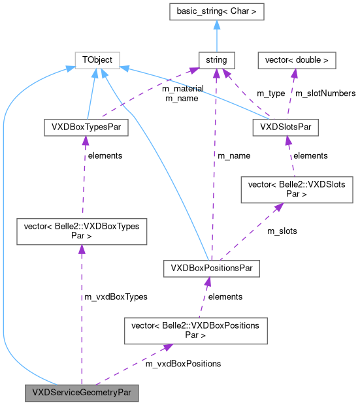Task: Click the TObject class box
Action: pyautogui.click(x=97, y=60)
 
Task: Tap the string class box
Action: pyautogui.click(x=216, y=60)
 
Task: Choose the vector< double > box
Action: pyautogui.click(x=297, y=60)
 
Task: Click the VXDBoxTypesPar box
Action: pyautogui.click(x=85, y=127)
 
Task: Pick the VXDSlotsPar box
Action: pyautogui.click(x=285, y=127)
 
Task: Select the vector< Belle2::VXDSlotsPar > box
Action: pyautogui.click(x=297, y=189)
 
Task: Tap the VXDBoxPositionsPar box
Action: pyautogui.click(x=212, y=268)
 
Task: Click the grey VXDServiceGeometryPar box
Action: pyautogui.click(x=82, y=393)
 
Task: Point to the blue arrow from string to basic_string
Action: pyautogui.click(x=216, y=35)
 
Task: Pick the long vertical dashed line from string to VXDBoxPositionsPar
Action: pyautogui.click(x=215, y=163)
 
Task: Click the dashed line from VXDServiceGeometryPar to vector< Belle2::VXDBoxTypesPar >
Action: pyautogui.click(x=81, y=314)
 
